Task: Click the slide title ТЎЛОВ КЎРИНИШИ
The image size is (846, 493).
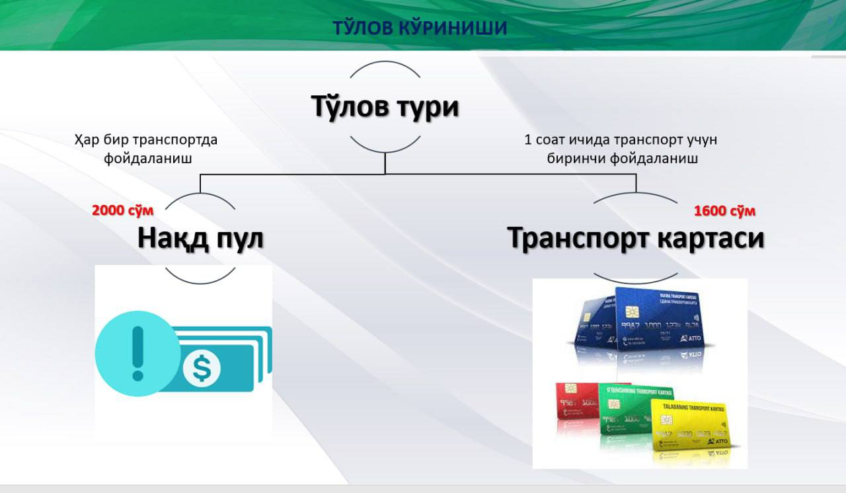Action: coord(420,28)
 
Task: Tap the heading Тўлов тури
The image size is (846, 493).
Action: coord(385,107)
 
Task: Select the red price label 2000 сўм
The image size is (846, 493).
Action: coord(123,211)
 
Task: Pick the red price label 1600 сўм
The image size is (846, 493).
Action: coord(724,211)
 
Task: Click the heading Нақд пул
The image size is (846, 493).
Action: coord(200,239)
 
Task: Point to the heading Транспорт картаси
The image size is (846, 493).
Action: coord(635,239)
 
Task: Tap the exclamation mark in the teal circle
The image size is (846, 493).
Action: coord(137,353)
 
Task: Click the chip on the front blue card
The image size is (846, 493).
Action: coord(627,312)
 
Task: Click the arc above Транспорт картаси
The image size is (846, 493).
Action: coord(635,194)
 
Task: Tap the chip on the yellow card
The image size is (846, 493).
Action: coord(666,421)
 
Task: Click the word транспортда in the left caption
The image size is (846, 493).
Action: coord(175,140)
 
